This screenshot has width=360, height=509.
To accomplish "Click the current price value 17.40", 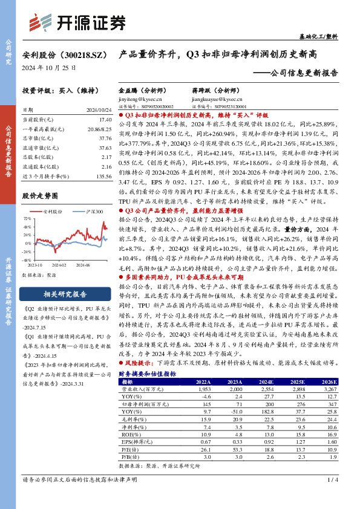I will click(x=104, y=121).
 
